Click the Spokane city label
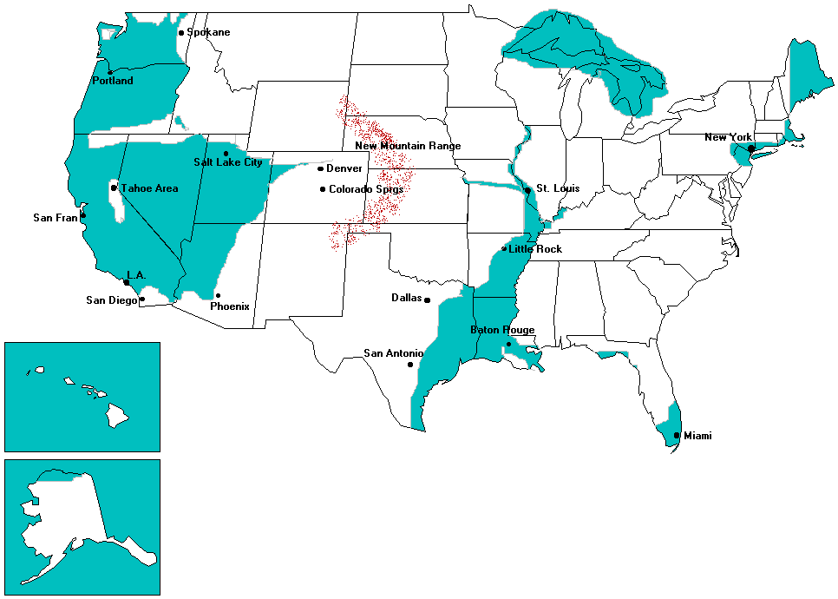click(x=209, y=33)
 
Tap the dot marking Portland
click(x=110, y=71)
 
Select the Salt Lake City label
click(x=227, y=162)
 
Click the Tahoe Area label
click(x=149, y=188)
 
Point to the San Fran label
click(x=56, y=218)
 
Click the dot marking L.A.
click(x=128, y=283)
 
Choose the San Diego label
click(x=111, y=300)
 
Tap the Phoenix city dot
click(x=218, y=295)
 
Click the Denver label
click(x=344, y=168)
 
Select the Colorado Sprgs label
click(x=366, y=189)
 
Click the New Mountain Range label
click(x=408, y=146)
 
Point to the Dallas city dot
click(x=427, y=300)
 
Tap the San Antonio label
click(x=393, y=353)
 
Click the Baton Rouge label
click(x=502, y=330)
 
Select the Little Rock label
click(x=535, y=249)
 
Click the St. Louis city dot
click(x=527, y=190)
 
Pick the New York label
click(x=727, y=137)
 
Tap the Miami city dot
click(x=677, y=436)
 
